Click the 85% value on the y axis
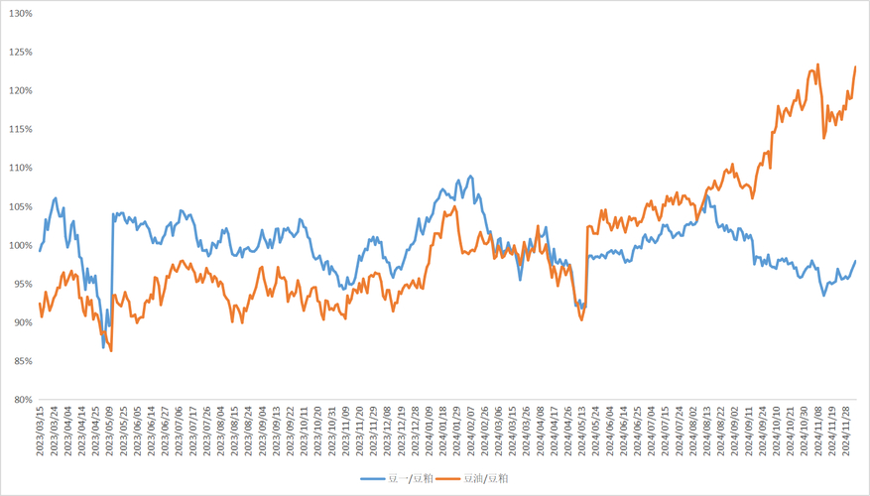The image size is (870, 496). [22, 362]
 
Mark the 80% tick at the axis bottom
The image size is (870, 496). [22, 401]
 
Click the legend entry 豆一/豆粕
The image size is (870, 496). [397, 478]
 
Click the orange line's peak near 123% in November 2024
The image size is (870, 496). [817, 65]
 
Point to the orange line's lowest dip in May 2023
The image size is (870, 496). [111, 350]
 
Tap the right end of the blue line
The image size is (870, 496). [855, 261]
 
